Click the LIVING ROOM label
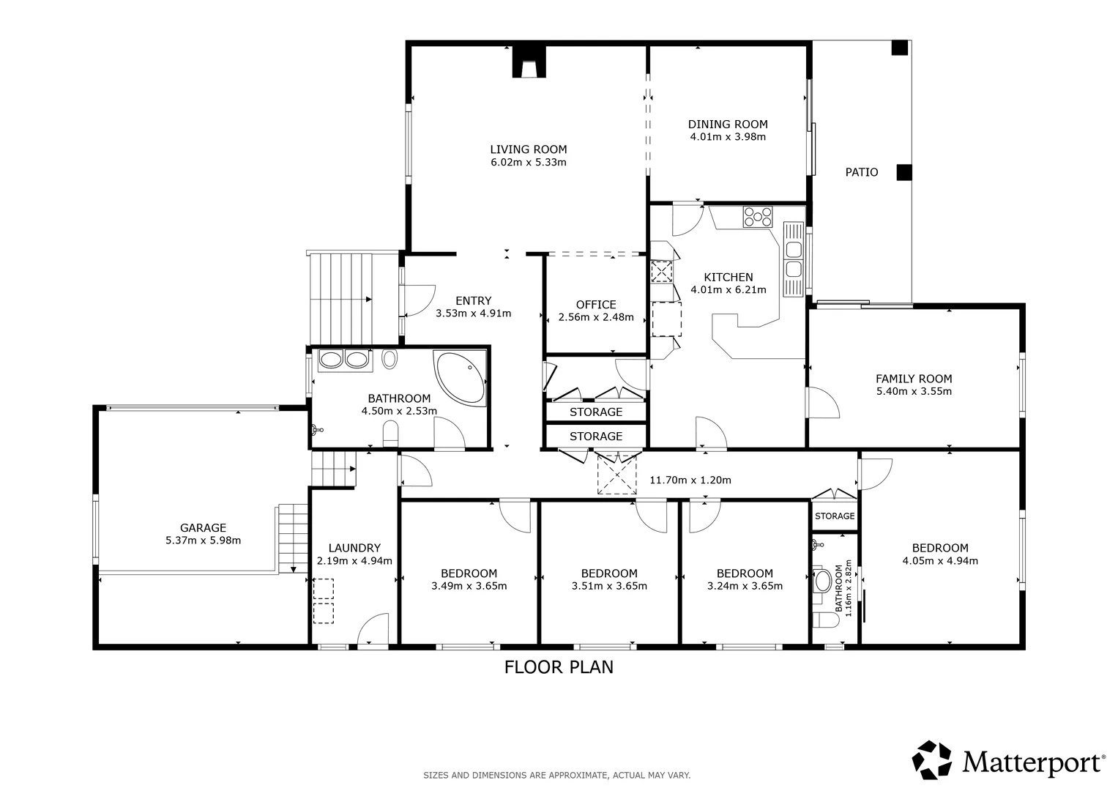(x=528, y=149)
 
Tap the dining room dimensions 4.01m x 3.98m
(x=728, y=137)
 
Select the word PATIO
(x=862, y=172)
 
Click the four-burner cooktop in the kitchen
(x=758, y=217)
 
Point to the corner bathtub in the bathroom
(x=461, y=377)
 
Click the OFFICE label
(x=596, y=305)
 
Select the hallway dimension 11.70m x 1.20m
(x=690, y=480)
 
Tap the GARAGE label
(x=203, y=528)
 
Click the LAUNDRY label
(x=354, y=548)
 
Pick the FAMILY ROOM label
(x=914, y=379)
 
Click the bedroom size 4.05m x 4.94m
(x=940, y=561)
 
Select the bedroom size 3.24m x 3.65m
(x=745, y=586)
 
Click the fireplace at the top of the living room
(x=529, y=62)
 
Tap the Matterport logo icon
(x=932, y=760)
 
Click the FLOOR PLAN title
(x=559, y=667)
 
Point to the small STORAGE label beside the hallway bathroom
(x=835, y=516)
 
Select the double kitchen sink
(x=793, y=260)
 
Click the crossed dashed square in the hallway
(x=617, y=475)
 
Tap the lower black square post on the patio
(x=904, y=172)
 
